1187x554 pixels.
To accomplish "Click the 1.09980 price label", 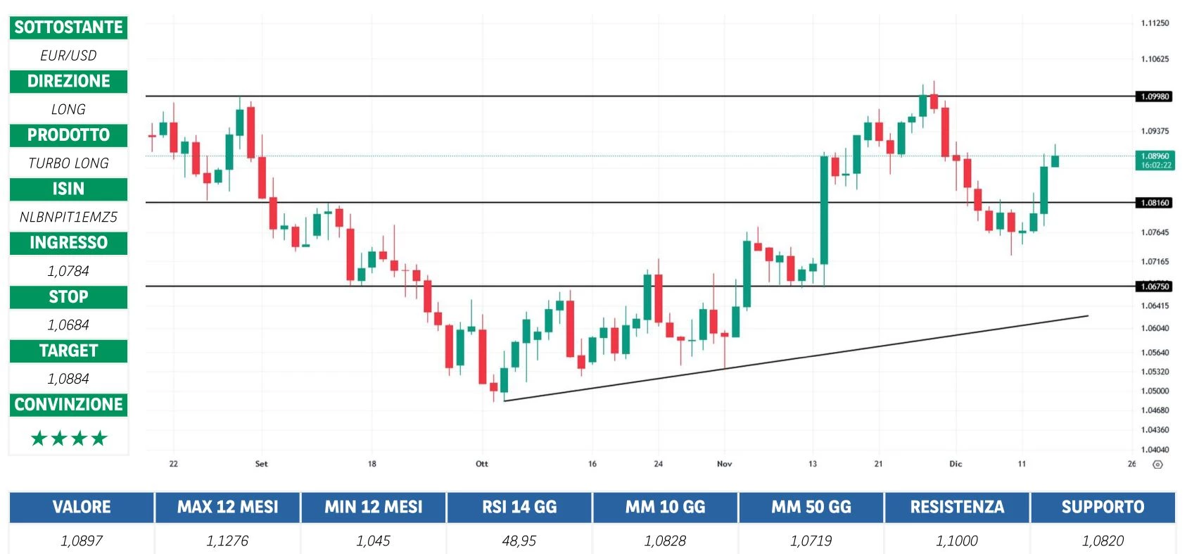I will [x=1154, y=96].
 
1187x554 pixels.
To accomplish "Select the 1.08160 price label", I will [x=1154, y=203].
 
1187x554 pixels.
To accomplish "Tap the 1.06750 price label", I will [x=1154, y=287].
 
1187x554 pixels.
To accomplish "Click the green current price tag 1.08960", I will [x=1155, y=160].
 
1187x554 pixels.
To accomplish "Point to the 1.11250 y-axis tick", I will [x=1155, y=23].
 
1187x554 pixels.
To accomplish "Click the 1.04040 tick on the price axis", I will [x=1155, y=449].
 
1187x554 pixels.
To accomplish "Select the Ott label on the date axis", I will [x=482, y=464].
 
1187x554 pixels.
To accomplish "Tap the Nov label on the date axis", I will [x=724, y=464].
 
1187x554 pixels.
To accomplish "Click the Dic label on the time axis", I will [x=956, y=464].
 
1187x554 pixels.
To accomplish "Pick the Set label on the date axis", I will [x=261, y=464].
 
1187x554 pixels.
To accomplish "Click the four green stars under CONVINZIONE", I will [x=69, y=439].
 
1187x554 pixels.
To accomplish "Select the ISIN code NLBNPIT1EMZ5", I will [x=68, y=217].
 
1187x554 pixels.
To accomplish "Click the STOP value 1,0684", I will [x=68, y=325].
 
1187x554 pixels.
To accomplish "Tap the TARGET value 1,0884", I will [x=68, y=379].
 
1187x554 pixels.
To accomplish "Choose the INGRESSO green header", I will [x=68, y=243].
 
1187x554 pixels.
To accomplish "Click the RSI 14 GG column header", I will [x=519, y=507].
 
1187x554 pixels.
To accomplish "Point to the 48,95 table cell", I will [x=519, y=541].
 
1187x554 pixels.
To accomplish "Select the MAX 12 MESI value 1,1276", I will [x=227, y=541].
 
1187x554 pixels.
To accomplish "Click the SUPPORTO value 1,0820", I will [x=1103, y=541].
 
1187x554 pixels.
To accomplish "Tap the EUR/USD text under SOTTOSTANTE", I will [x=68, y=55].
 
